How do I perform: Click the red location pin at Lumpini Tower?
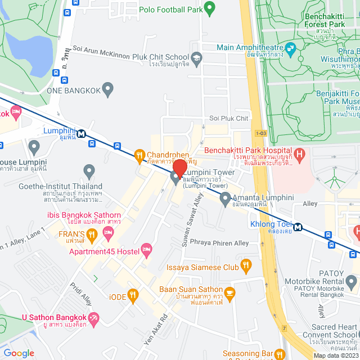[179, 168]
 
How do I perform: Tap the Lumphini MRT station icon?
[82, 134]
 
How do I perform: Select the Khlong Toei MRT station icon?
[298, 227]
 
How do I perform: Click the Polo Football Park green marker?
[209, 8]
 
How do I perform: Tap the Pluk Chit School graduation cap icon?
[196, 57]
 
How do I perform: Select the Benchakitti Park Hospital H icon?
[300, 152]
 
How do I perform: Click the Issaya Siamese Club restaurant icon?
[245, 265]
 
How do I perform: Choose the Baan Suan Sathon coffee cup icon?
[229, 292]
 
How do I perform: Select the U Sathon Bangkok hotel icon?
[94, 318]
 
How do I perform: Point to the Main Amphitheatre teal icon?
[290, 48]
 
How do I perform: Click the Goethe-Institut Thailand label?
[60, 186]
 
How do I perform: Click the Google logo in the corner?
[19, 353]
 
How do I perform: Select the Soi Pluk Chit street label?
[228, 119]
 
